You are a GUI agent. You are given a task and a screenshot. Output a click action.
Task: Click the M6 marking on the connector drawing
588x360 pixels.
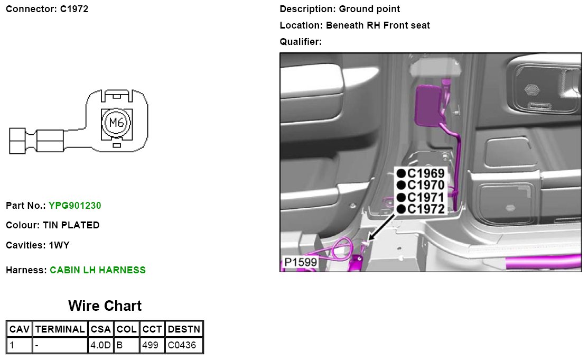tap(116, 123)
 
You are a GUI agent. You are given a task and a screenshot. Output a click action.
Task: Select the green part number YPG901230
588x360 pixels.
tap(75, 205)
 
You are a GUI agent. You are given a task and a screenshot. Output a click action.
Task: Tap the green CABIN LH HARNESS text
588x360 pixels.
tap(98, 270)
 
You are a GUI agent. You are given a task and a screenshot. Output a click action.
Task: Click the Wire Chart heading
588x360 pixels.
tap(105, 306)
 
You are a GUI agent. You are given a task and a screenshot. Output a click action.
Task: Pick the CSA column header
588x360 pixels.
tap(100, 329)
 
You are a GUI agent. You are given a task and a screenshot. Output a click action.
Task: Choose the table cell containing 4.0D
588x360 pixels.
tap(100, 346)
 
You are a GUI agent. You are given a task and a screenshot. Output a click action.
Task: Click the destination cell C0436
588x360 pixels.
tap(182, 346)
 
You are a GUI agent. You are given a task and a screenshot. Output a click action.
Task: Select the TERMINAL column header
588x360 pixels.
tap(60, 329)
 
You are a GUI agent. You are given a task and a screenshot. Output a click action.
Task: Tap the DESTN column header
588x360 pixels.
tap(184, 329)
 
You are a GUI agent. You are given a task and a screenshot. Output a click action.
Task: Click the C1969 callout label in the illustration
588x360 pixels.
tap(426, 173)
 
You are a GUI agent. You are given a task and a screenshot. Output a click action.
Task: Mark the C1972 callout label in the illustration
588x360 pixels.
tap(426, 209)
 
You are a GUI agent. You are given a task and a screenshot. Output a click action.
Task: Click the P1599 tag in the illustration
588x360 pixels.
tap(300, 263)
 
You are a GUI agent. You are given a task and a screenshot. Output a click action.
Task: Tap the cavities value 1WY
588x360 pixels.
tap(60, 245)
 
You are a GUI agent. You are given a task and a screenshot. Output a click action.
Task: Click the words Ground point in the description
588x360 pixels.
tap(369, 9)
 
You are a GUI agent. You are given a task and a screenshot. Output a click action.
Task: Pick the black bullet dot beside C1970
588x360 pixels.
tap(402, 185)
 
